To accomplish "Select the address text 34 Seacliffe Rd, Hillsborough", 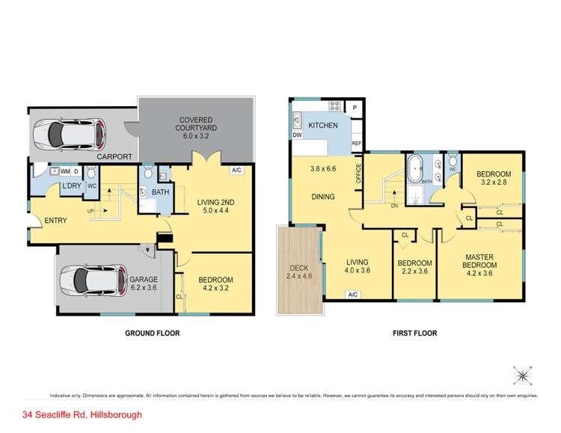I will point(82,414).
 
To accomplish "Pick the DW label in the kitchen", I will point(298,135).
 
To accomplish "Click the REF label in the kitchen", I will point(357,144).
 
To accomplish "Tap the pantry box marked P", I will point(355,107).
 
